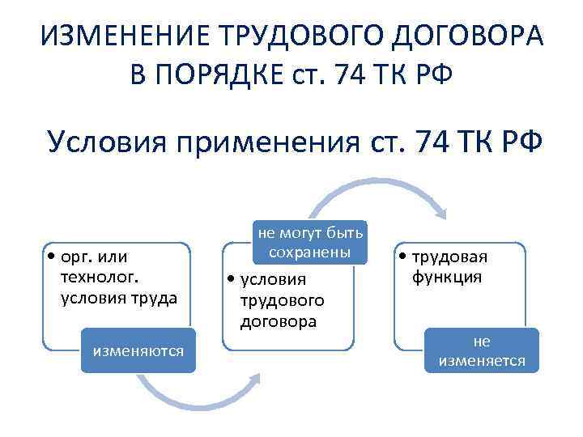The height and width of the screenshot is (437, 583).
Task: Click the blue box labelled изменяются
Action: [138, 350]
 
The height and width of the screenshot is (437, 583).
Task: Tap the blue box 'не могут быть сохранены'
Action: [310, 242]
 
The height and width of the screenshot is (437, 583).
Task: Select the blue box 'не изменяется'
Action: [482, 350]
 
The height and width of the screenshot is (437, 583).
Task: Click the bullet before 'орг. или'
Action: [51, 257]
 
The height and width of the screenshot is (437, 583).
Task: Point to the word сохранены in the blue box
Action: [310, 252]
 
